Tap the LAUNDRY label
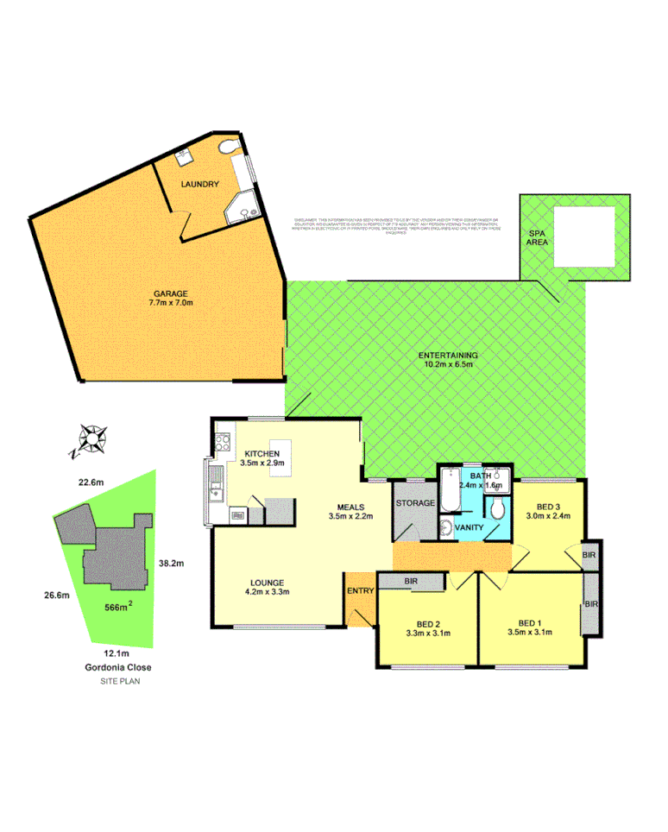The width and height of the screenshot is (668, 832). tap(199, 185)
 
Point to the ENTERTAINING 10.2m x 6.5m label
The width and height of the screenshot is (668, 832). tap(448, 360)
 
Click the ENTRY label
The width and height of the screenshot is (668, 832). tap(358, 590)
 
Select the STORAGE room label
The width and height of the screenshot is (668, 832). tap(413, 502)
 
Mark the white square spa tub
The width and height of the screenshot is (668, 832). tap(583, 236)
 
